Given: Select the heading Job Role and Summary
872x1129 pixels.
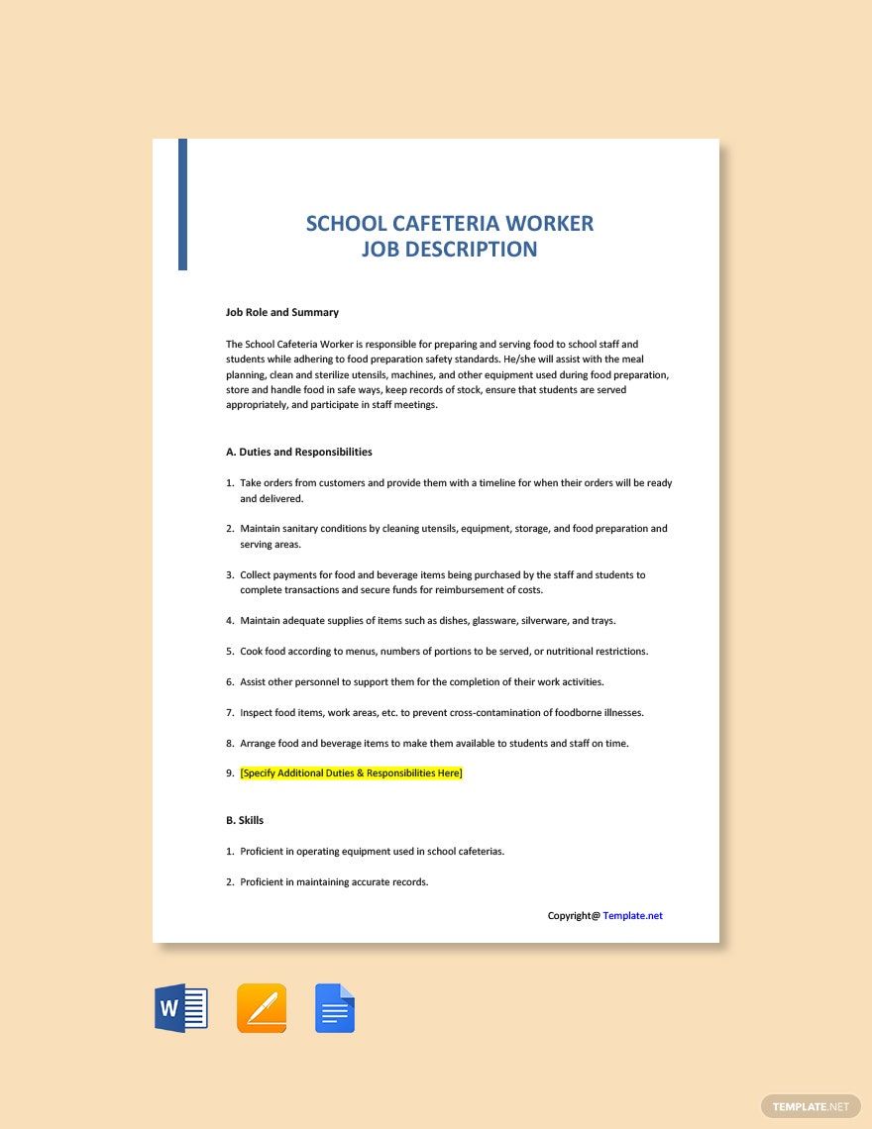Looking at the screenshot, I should click(x=282, y=312).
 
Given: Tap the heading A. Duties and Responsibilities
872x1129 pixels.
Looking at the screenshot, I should click(x=299, y=452).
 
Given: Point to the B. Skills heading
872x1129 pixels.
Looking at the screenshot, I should click(x=245, y=820).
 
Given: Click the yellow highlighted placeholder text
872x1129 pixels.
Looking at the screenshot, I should click(x=351, y=772).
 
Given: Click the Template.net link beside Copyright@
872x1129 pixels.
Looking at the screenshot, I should click(x=632, y=915).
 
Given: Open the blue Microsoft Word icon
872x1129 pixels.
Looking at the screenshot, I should click(x=181, y=1008).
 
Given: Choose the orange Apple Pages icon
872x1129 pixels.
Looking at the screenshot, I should click(x=262, y=1008).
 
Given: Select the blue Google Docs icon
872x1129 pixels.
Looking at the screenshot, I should click(x=335, y=1008).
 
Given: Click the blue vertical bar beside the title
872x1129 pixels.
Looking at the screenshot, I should click(x=182, y=205).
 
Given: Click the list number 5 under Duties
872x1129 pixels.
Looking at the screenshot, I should click(x=230, y=652).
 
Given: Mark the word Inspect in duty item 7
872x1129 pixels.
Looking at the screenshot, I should click(x=257, y=712).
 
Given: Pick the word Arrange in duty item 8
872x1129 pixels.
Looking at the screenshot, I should click(x=260, y=743).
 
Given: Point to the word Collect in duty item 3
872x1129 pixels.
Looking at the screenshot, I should click(x=257, y=574).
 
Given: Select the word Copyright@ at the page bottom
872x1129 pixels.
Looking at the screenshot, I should click(x=574, y=915).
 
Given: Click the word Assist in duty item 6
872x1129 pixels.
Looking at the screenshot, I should click(x=254, y=681).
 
